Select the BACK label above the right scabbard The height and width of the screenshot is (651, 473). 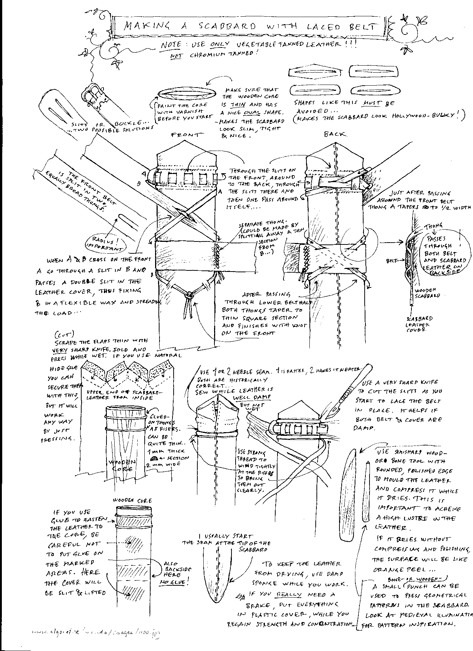pos(335,134)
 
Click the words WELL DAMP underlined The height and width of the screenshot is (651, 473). pos(256,397)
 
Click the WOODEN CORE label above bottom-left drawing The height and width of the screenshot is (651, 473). pos(132,500)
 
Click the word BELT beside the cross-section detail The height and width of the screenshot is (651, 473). pos(392,261)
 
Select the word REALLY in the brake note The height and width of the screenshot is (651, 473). pos(289,594)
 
